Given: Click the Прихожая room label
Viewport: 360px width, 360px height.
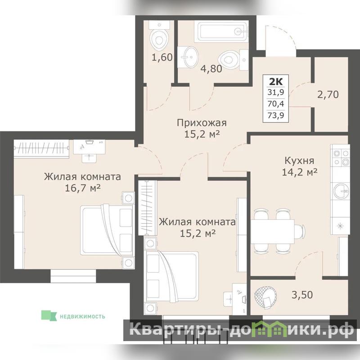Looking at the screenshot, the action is (202, 123).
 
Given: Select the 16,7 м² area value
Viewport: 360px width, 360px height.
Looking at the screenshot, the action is (83, 188).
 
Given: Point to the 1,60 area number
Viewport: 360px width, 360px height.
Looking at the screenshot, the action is (162, 58).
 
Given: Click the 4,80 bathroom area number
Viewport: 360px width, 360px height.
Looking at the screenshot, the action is (211, 69).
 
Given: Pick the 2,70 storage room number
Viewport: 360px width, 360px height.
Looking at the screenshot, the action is (328, 94).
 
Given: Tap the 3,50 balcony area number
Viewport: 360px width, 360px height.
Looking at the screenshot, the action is (302, 295).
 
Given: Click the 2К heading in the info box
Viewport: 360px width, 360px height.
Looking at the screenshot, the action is (276, 81).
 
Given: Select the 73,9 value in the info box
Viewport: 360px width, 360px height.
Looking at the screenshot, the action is (276, 115).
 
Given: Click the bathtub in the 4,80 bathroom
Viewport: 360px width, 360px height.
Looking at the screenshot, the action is (221, 31).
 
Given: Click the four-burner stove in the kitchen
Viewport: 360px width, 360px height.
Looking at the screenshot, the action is (341, 158).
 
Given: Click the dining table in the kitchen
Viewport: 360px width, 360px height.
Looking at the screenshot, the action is (273, 231).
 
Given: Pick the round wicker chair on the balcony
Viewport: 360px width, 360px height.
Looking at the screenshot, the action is (265, 298).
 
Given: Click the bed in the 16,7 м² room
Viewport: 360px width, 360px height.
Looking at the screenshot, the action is (107, 230).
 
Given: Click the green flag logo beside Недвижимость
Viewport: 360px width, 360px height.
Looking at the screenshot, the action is (49, 316).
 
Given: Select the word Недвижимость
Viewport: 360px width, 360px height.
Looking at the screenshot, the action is (82, 317).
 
